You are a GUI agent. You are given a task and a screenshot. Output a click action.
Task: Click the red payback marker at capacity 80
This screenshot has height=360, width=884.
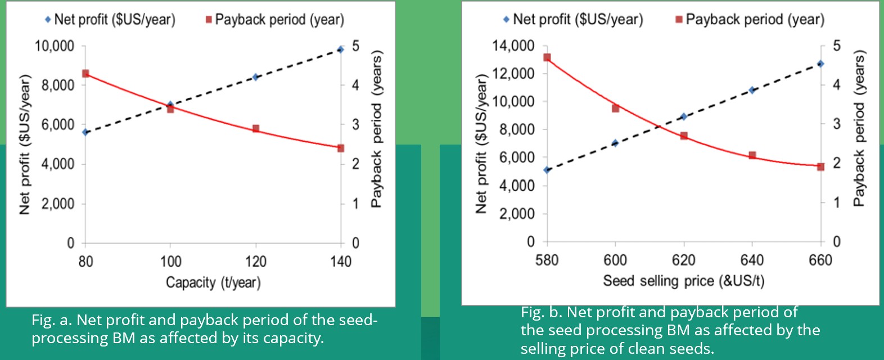85,74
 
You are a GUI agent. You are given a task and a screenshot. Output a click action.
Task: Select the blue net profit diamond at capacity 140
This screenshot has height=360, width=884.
341,50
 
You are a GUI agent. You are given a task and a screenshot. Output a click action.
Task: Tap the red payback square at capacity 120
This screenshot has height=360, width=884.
256,129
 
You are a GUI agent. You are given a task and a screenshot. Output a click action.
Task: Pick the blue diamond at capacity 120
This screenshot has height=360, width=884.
255,77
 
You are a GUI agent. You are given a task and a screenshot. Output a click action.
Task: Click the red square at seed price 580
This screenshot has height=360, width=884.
547,57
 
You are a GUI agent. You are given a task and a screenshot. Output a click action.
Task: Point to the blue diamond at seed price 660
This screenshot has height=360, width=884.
820,64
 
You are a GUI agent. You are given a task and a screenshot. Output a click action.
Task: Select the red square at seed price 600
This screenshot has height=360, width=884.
615,108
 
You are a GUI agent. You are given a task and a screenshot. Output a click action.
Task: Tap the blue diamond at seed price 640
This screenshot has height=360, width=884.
752,90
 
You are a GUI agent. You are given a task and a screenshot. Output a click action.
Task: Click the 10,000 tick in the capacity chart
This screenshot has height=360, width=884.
55,46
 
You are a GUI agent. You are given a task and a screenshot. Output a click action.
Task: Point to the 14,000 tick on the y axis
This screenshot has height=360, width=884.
513,46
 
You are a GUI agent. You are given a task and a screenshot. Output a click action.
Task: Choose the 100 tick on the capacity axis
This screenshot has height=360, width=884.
170,261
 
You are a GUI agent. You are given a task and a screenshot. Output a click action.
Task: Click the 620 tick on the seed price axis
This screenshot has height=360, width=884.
683,260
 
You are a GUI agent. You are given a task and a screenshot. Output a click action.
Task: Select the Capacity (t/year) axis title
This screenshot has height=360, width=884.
213,282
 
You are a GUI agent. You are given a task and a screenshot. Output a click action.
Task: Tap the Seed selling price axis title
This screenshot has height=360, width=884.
683,280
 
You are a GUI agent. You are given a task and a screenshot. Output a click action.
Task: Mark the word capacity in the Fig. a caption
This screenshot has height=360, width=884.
296,338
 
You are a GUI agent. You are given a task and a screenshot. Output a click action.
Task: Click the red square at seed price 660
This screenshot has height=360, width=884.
820,166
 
